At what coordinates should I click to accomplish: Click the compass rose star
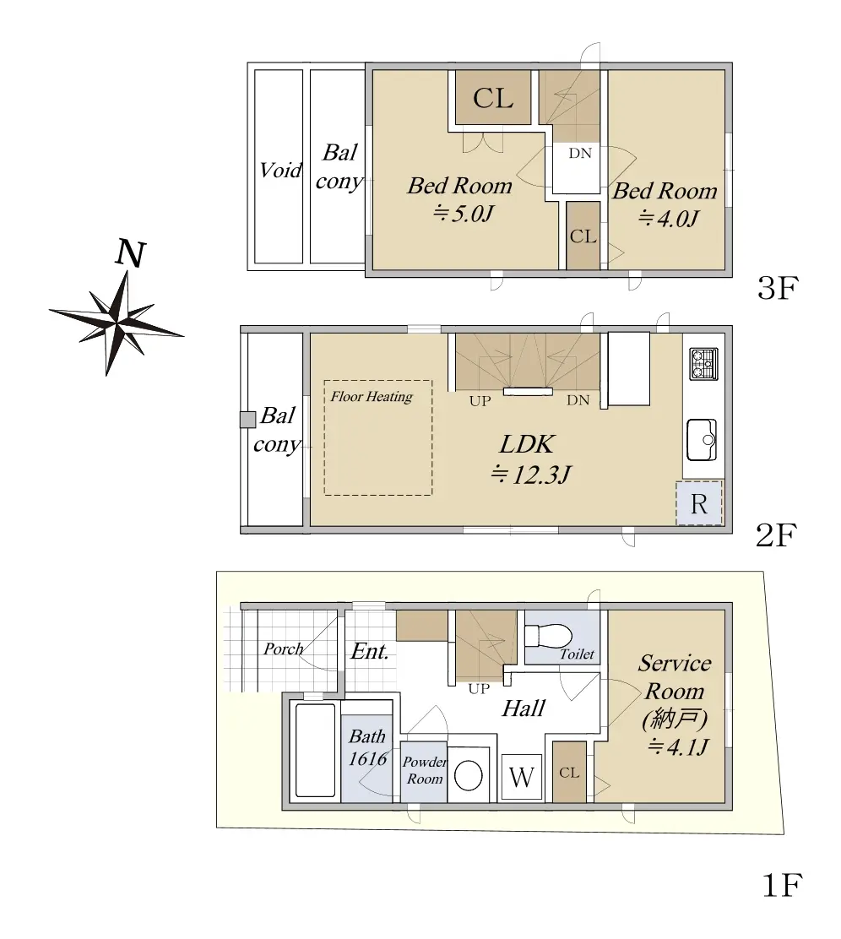(116, 323)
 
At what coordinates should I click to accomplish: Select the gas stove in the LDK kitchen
(703, 364)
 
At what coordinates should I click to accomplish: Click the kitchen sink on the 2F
(702, 440)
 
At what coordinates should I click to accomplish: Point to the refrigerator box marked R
(699, 503)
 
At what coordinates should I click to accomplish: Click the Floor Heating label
(372, 396)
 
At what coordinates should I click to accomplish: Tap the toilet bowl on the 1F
(548, 635)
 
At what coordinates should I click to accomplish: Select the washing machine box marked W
(521, 777)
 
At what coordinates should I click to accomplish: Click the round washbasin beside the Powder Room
(469, 776)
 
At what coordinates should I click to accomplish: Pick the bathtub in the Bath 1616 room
(315, 750)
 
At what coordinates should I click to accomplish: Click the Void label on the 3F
(280, 171)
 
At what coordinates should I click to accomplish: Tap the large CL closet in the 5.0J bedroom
(493, 98)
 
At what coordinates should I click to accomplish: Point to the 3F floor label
(778, 288)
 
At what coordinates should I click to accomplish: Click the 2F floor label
(776, 535)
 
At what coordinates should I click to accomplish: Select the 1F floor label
(782, 885)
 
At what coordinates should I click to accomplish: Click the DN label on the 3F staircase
(580, 154)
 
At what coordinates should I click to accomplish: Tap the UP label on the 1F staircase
(479, 689)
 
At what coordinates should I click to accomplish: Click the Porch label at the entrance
(284, 649)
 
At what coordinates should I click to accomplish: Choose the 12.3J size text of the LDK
(531, 475)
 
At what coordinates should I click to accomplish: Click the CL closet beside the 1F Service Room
(569, 773)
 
